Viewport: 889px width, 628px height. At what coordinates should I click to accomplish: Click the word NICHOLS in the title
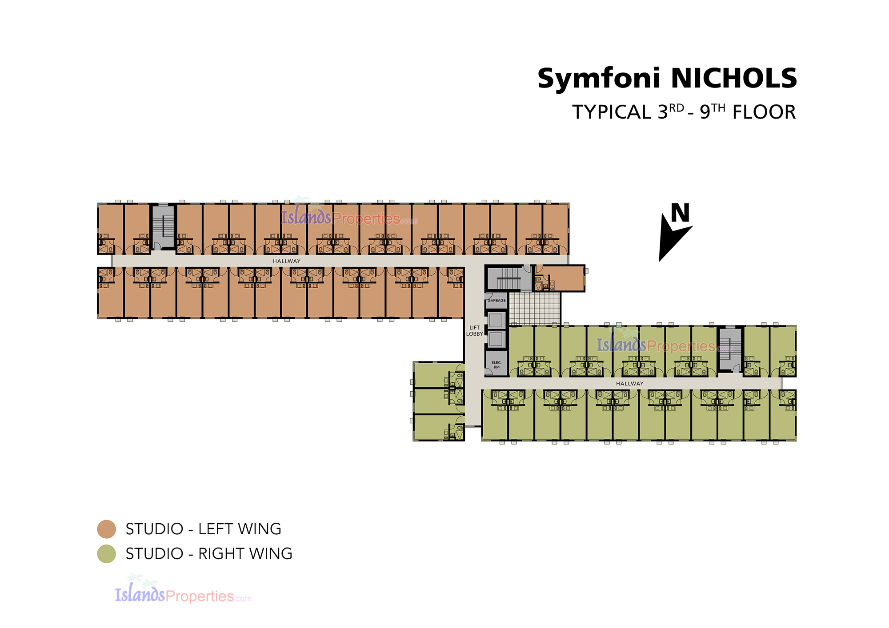[x=734, y=78]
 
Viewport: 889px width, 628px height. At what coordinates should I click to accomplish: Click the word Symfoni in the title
[x=599, y=80]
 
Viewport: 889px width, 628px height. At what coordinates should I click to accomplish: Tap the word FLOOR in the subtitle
[x=764, y=112]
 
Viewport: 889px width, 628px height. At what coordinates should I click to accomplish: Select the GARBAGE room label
[x=497, y=301]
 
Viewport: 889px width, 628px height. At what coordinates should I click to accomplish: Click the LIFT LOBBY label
[x=474, y=331]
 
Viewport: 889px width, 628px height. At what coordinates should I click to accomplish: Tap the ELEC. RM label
[x=497, y=365]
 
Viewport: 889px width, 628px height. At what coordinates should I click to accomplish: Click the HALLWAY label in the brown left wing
[x=287, y=261]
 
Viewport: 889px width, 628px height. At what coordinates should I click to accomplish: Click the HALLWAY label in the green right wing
[x=630, y=384]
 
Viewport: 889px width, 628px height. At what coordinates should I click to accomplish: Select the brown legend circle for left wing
[x=107, y=529]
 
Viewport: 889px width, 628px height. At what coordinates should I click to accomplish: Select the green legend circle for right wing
[x=107, y=554]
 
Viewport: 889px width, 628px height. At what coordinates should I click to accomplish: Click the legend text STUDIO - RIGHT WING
[x=209, y=554]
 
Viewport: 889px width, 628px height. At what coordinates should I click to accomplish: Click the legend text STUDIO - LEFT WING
[x=204, y=529]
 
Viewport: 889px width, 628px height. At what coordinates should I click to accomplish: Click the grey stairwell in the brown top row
[x=164, y=227]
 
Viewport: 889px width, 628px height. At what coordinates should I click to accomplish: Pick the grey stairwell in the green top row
[x=730, y=349]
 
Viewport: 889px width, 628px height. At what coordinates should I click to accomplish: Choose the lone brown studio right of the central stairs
[x=560, y=278]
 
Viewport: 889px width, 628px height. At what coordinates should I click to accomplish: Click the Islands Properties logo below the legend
[x=183, y=591]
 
